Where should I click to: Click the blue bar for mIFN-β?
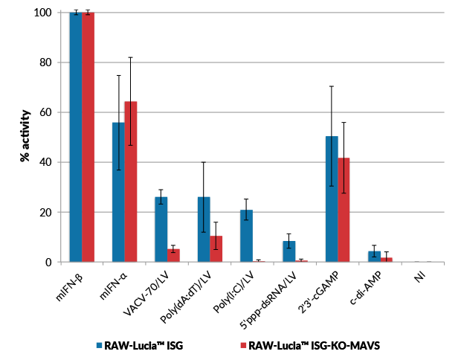click(76, 138)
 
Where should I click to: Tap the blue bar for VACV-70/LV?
click(161, 230)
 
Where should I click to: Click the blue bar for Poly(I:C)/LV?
click(246, 236)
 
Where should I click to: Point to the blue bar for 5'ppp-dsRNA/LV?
click(289, 251)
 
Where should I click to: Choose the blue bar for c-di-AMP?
click(375, 257)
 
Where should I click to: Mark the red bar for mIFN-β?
click(88, 138)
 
